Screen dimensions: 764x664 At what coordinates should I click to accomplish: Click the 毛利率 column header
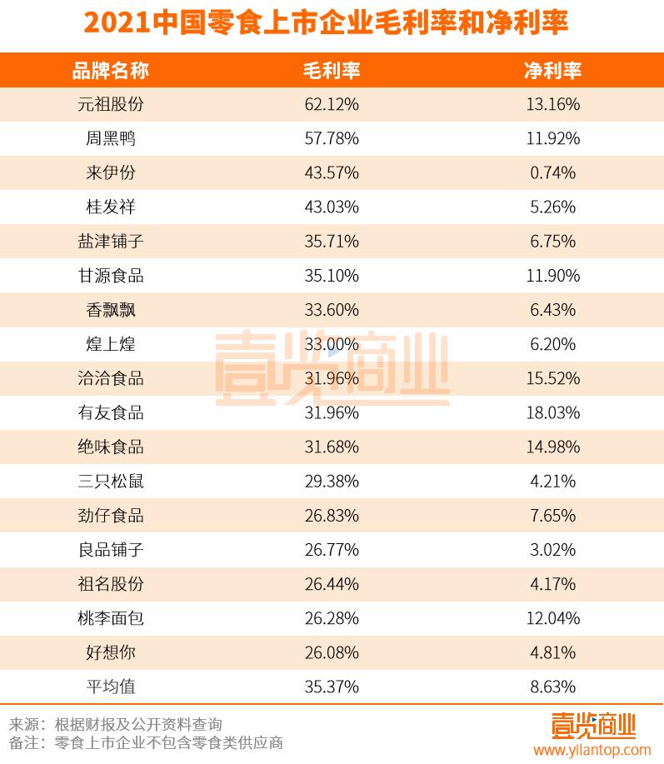pyautogui.click(x=331, y=69)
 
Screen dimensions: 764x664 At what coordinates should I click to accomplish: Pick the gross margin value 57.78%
pyautogui.click(x=331, y=138)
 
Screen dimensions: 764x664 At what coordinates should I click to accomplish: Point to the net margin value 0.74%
pyautogui.click(x=552, y=172)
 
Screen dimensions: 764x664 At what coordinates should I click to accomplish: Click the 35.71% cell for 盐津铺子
pyautogui.click(x=331, y=241)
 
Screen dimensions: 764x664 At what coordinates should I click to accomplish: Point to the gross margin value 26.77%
pyautogui.click(x=331, y=549)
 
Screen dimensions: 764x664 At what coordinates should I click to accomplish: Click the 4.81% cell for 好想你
pyautogui.click(x=552, y=652)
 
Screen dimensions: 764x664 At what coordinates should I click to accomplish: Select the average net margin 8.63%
pyautogui.click(x=552, y=687)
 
